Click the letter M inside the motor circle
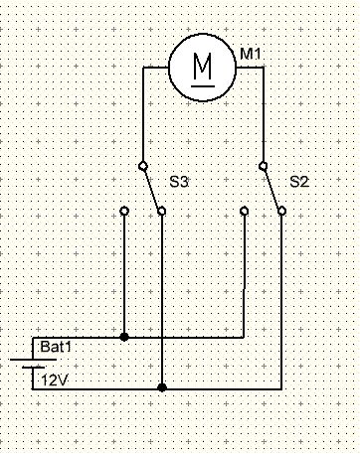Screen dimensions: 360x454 tap(202, 66)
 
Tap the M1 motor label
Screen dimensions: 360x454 tap(251, 54)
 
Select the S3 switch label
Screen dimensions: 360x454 tap(179, 182)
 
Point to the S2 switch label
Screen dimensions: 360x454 tap(299, 182)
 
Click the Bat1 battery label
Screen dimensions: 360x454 tap(56, 348)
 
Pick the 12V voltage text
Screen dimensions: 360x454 tap(54, 380)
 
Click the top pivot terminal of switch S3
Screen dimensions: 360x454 tap(143, 166)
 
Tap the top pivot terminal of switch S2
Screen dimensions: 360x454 tap(264, 166)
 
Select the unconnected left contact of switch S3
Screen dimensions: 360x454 tap(124, 211)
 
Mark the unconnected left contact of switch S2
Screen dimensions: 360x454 tap(244, 211)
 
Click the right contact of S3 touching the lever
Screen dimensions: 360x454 tap(161, 211)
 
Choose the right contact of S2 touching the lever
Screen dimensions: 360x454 tap(281, 211)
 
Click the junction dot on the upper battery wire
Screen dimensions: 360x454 tap(124, 337)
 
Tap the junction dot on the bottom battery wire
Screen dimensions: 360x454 tap(162, 387)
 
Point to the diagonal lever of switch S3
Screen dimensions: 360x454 tap(152, 188)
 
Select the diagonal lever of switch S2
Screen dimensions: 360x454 tap(272, 188)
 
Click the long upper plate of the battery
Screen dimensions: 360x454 tap(33, 360)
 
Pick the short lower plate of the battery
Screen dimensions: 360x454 tap(33, 368)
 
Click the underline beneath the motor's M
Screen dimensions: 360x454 tap(203, 85)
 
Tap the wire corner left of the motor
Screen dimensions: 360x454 tap(143, 68)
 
